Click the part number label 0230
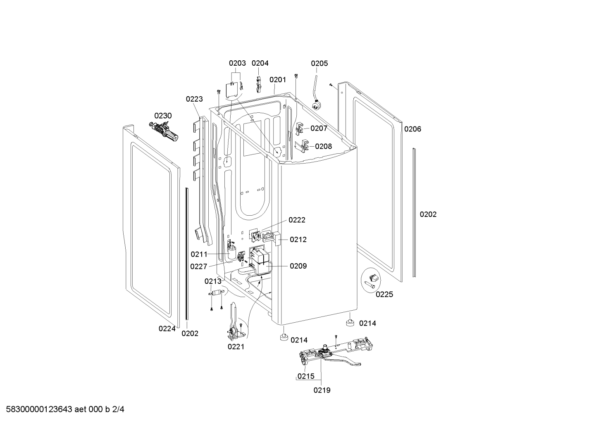pos(163,116)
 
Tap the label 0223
pos(194,99)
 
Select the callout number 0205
pos(319,63)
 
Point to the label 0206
pos(412,129)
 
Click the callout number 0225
pos(384,295)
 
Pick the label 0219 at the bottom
pos(322,390)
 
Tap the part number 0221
pos(236,347)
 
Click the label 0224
pos(167,329)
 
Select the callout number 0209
pos(298,266)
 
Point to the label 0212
pos(298,240)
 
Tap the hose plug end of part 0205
pos(317,106)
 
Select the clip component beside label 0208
pos(303,146)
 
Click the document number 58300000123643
pos(39,409)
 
